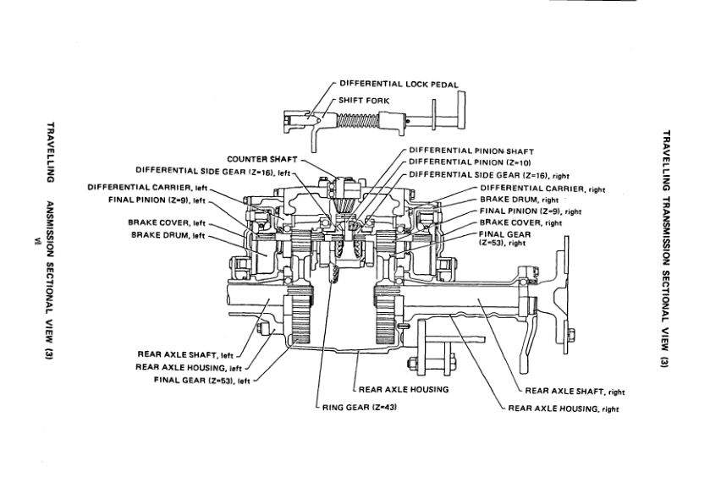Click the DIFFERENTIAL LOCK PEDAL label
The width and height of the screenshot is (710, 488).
[x=399, y=85]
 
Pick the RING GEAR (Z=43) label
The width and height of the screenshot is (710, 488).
[x=360, y=407]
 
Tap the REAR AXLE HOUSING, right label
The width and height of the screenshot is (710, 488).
[x=564, y=409]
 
